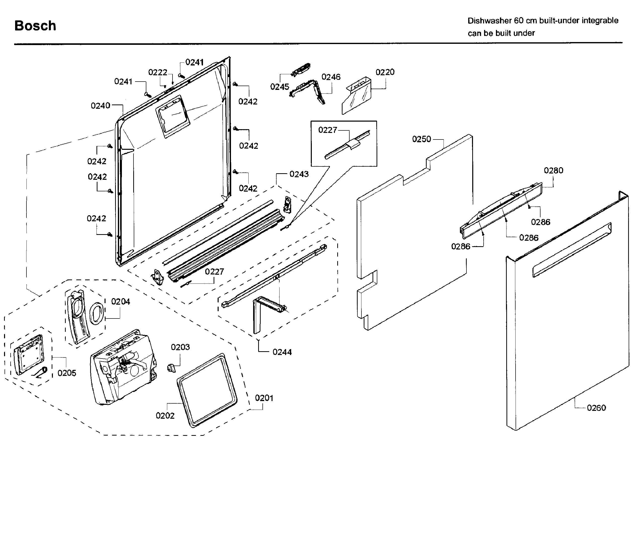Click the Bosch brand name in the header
coord(35,26)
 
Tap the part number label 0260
coord(596,408)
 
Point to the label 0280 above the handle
coord(553,170)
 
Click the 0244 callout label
coord(282,352)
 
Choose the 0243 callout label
coord(299,174)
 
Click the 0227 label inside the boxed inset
coord(327,130)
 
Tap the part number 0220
coord(385,73)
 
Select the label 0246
coord(331,77)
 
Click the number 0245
coord(279,87)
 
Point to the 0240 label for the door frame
coord(100,106)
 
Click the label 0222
coord(158,73)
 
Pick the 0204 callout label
coord(120,302)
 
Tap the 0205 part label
coord(67,373)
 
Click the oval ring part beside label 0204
coord(97,313)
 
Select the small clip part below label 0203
coord(172,368)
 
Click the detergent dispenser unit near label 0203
coord(124,367)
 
